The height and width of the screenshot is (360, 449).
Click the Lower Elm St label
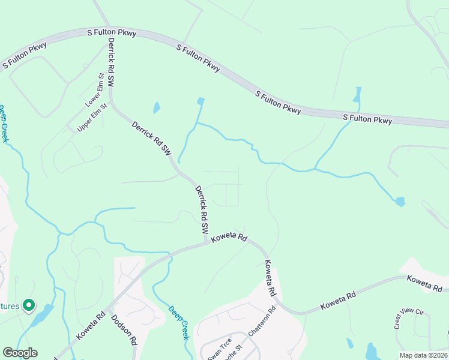[x=94, y=90]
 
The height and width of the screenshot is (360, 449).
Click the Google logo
[x=20, y=353]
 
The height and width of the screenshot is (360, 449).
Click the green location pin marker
[x=28, y=305]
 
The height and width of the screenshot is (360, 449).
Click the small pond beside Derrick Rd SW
[x=157, y=108]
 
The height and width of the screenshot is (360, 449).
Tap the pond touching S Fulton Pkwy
[x=358, y=95]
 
